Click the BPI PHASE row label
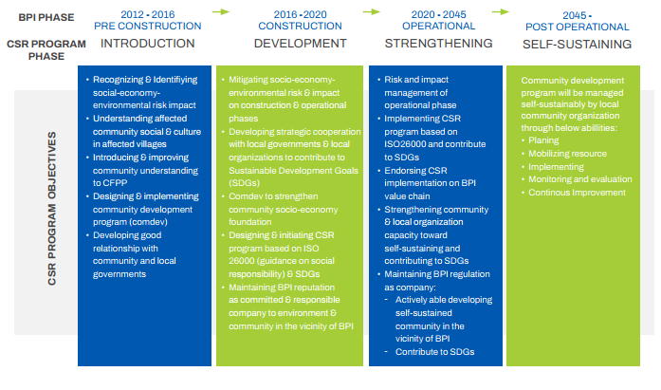(46, 17)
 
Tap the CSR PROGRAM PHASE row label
(46, 49)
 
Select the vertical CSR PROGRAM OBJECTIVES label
(52, 208)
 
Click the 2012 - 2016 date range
(148, 14)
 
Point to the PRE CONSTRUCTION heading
(148, 26)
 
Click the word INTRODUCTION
(148, 44)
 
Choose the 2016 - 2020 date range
(300, 14)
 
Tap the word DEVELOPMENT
(300, 44)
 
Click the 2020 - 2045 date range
(438, 14)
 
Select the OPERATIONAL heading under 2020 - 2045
(438, 26)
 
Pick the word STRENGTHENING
(438, 44)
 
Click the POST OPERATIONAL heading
(578, 27)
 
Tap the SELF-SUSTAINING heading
(578, 45)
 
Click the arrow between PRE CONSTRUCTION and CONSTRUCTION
(220, 11)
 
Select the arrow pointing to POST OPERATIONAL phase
(501, 11)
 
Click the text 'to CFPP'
(110, 183)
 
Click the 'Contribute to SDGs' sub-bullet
(434, 352)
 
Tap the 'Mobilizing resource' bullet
(567, 154)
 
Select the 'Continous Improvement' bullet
(577, 193)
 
